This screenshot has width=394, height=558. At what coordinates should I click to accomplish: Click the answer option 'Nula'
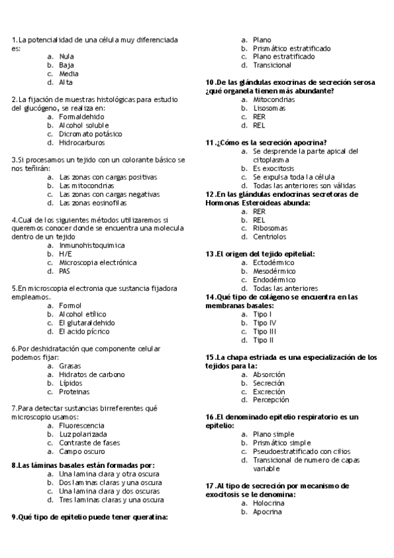[x=66, y=57]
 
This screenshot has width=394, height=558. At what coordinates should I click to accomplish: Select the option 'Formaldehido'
[x=81, y=116]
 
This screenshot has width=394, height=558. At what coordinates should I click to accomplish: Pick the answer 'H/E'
[x=65, y=253]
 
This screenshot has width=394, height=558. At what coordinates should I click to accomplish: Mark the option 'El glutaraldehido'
[x=86, y=323]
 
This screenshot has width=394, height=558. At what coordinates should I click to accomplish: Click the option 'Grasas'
[x=70, y=366]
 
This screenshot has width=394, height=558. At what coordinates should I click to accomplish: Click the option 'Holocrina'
[x=268, y=503]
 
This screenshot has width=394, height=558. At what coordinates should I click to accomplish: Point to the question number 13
[x=210, y=254]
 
